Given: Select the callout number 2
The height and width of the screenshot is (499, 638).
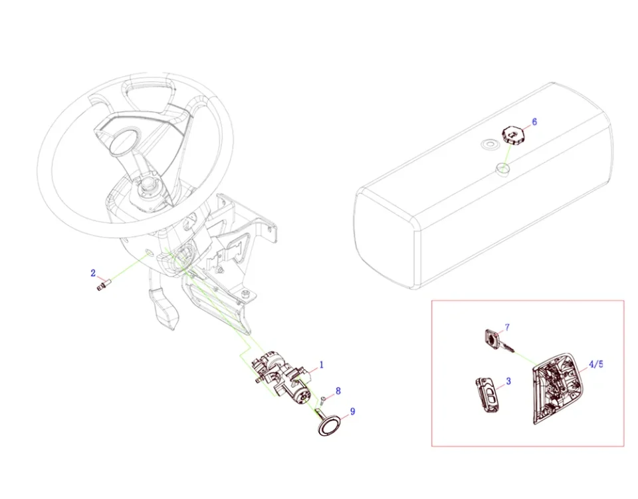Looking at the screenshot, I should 93,272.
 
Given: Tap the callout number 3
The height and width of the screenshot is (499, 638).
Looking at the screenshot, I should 508,381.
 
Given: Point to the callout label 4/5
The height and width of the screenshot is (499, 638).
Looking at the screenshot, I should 596,365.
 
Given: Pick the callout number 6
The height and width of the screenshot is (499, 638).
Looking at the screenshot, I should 534,122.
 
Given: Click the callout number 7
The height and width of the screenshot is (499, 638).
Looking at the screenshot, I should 507,327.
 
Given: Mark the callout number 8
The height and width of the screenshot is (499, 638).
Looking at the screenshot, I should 338,390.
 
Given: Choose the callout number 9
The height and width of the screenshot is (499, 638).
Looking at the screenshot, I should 352,412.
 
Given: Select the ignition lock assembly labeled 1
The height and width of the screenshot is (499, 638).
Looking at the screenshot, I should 282,376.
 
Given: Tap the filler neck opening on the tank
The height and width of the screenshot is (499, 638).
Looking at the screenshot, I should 501,171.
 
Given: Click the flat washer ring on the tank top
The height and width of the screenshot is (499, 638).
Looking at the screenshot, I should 490,144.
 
